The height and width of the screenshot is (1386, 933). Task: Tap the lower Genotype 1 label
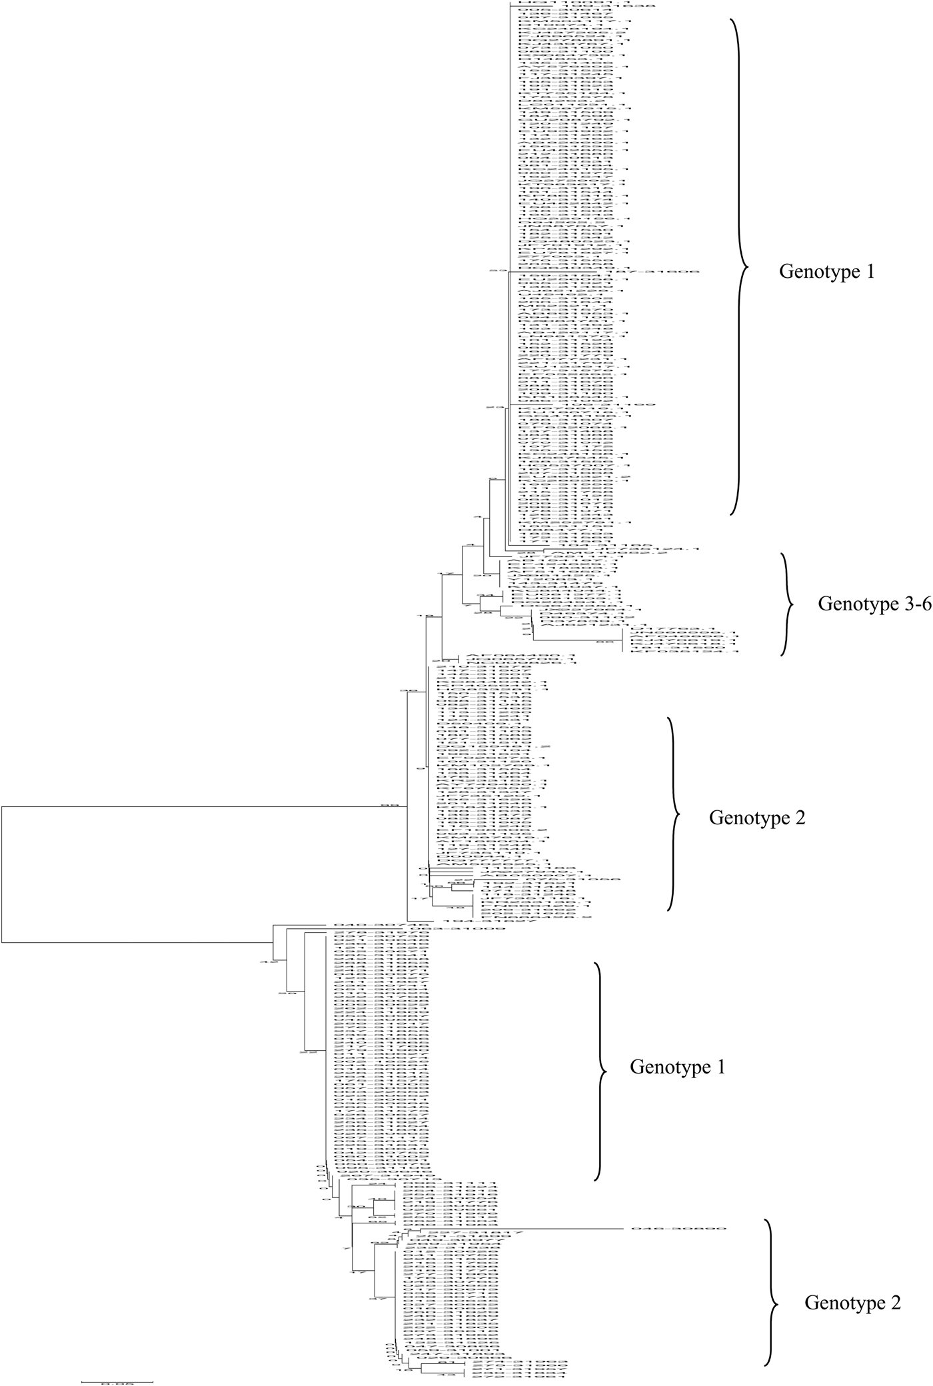click(677, 1067)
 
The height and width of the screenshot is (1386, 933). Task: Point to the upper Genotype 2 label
click(757, 818)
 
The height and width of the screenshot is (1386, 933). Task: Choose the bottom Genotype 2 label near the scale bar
click(852, 1303)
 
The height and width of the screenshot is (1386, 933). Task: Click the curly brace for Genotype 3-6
click(788, 604)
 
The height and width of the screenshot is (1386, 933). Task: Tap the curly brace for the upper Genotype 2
click(674, 814)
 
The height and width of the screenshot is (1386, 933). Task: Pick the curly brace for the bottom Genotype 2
click(772, 1303)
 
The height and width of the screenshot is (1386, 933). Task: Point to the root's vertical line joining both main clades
click(2, 874)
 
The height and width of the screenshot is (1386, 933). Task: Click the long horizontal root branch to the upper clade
click(200, 806)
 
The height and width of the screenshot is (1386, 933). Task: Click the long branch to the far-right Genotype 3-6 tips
click(577, 641)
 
